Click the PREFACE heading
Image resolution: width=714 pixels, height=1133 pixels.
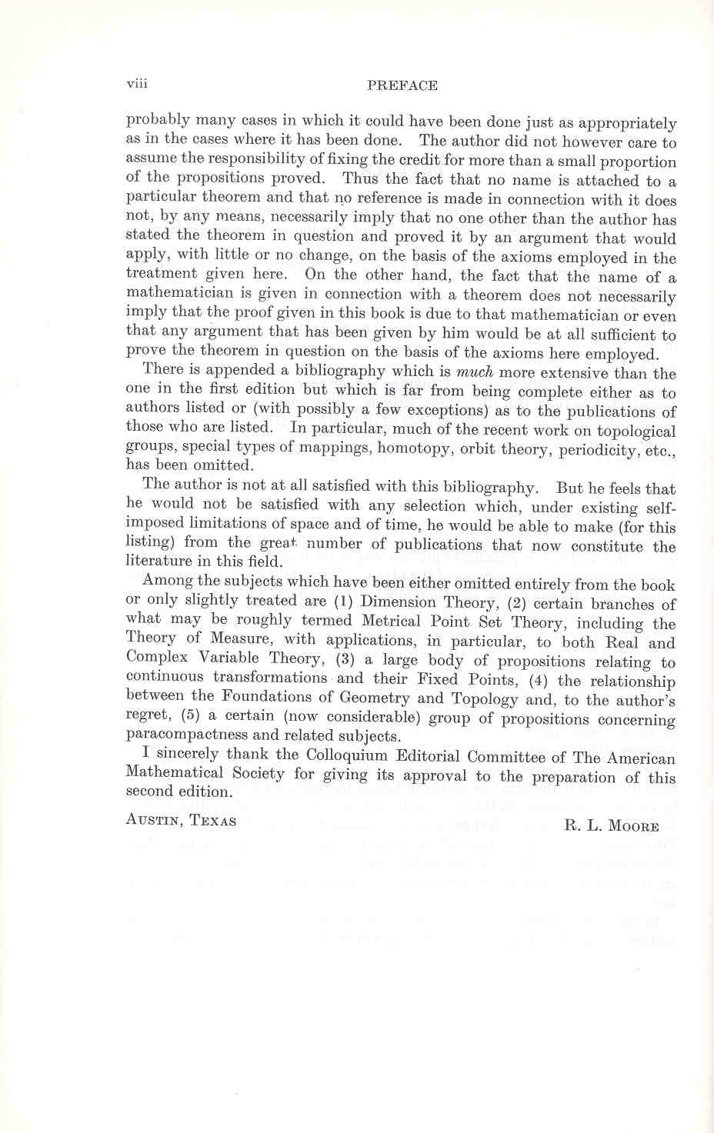402,85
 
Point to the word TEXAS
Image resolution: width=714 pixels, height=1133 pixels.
213,821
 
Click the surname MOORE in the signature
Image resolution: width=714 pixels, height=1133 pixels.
633,826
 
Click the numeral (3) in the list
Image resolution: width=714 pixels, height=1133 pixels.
344,659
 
